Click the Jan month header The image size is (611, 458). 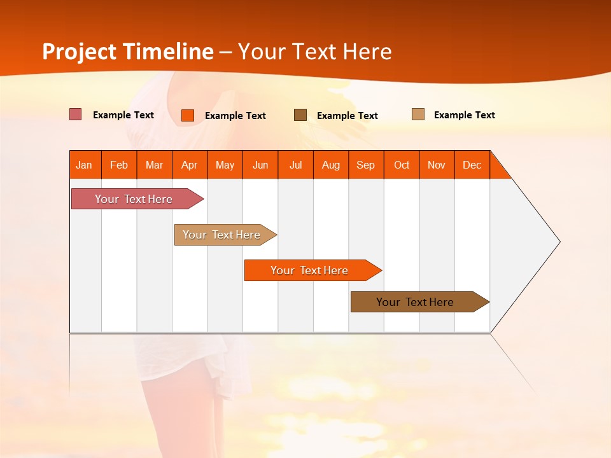click(x=85, y=165)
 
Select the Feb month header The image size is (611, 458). click(x=119, y=165)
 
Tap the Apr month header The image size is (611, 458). click(x=189, y=165)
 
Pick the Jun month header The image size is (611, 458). click(x=260, y=165)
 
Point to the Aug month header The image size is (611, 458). click(x=331, y=165)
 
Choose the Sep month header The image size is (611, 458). click(x=366, y=165)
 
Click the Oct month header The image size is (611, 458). click(x=402, y=165)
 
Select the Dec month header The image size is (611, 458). click(x=472, y=165)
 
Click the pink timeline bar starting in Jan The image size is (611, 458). click(x=134, y=199)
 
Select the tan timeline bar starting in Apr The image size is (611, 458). click(x=222, y=235)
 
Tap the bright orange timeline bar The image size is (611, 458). click(x=309, y=270)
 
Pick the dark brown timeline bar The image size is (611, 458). click(x=416, y=302)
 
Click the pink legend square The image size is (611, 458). click(x=76, y=114)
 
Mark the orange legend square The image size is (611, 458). click(x=188, y=115)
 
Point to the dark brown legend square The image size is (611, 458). click(x=300, y=115)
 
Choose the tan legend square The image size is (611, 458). click(x=418, y=114)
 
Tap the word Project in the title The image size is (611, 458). click(x=79, y=52)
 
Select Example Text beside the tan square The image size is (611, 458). click(x=464, y=115)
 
